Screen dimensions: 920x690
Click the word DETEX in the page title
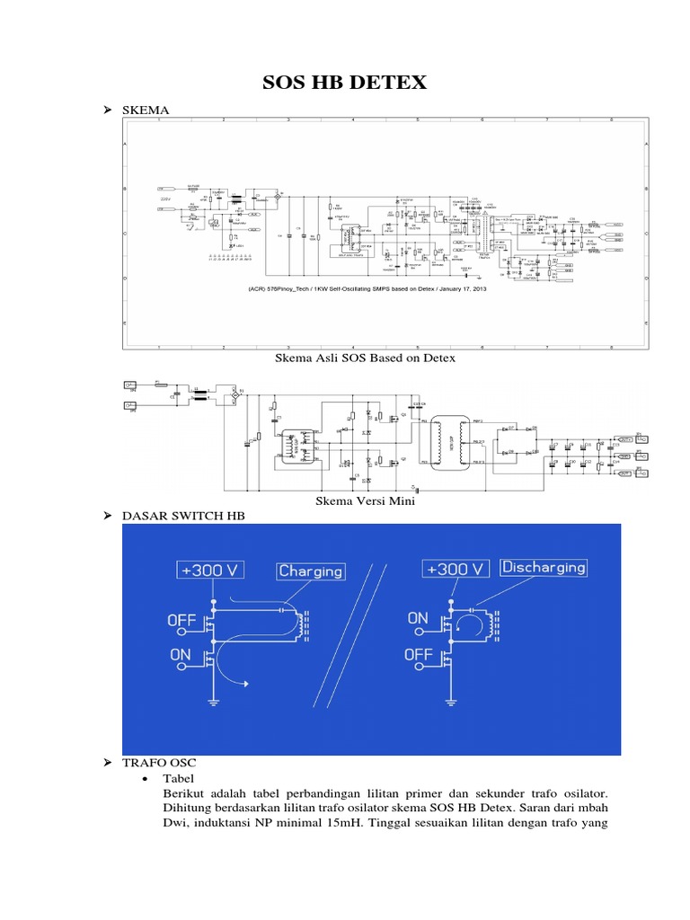coord(388,84)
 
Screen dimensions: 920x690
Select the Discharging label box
coord(544,567)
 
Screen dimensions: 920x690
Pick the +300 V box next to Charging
coord(215,570)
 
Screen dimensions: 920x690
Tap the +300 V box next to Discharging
coord(454,568)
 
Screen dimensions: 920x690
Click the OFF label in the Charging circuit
coord(182,620)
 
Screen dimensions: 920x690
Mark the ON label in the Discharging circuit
coord(419,619)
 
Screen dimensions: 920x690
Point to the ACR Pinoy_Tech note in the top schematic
coord(367,289)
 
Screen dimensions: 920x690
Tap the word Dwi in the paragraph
coord(176,827)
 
